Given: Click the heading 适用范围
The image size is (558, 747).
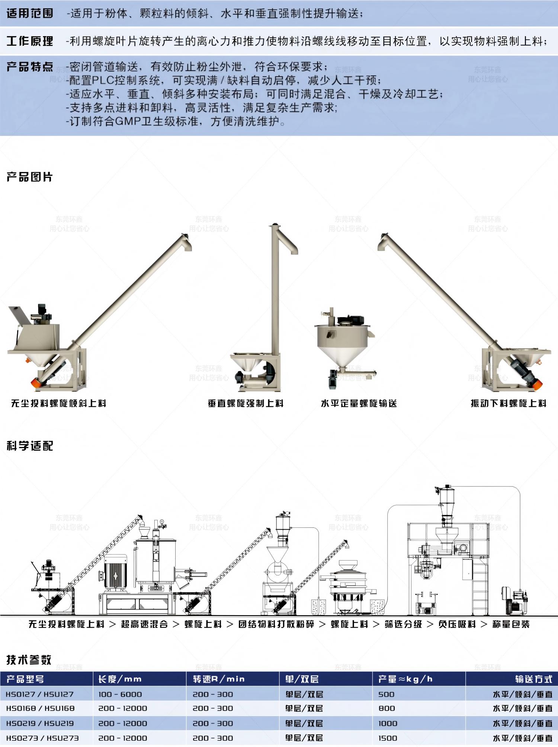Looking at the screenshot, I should [x=30, y=13].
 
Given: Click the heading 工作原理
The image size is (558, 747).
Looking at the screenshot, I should [x=30, y=41].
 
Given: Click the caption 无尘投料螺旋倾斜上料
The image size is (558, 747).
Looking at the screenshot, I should [x=58, y=403].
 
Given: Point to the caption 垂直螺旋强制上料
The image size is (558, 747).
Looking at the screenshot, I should [x=246, y=403].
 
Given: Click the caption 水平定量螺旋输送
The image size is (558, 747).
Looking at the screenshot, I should [x=359, y=403].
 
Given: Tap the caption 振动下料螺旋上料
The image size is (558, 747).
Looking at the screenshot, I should [x=509, y=403].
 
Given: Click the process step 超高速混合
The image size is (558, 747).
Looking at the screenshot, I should [x=144, y=624].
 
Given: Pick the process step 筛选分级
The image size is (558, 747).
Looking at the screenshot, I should [x=403, y=624].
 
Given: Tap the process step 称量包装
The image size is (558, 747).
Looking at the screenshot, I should [x=511, y=624].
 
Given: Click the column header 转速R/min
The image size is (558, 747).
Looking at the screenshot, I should [x=219, y=679].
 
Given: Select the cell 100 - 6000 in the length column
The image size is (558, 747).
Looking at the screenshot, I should [x=120, y=695].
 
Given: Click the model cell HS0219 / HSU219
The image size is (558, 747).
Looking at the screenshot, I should [x=40, y=724].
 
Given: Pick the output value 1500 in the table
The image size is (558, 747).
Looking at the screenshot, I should [x=388, y=738].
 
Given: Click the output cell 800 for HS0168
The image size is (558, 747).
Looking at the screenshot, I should [x=387, y=708].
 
